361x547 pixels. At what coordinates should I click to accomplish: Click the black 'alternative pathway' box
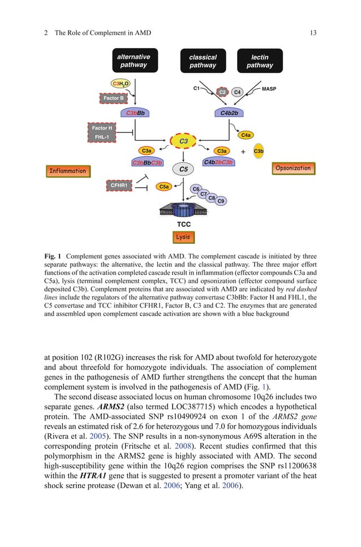[x=134, y=61]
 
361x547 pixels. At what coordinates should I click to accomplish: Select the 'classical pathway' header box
[x=203, y=61]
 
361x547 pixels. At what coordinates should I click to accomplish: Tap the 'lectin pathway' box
[x=260, y=61]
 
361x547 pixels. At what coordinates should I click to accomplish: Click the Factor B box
[x=114, y=98]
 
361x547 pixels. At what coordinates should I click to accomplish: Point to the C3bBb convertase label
[x=135, y=113]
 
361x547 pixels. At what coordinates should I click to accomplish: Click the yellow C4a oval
[x=246, y=135]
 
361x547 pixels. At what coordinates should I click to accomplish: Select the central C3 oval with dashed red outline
[x=183, y=141]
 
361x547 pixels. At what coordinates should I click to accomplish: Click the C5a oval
[x=164, y=186]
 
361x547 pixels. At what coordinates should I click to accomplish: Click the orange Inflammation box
[x=67, y=171]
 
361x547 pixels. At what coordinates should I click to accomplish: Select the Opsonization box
[x=293, y=168]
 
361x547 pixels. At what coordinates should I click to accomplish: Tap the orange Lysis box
[x=183, y=237]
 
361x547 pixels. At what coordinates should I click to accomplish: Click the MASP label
[x=269, y=89]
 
